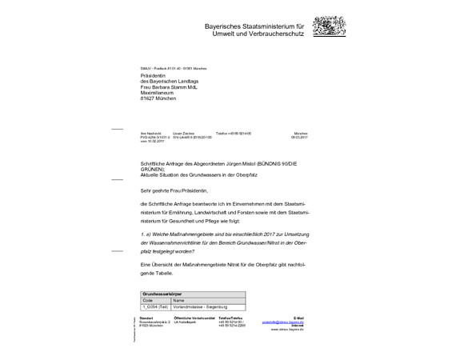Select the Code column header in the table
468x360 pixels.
pyautogui.click(x=147, y=300)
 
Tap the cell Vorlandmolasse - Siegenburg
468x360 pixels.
pyautogui.click(x=206, y=306)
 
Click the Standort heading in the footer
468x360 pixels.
pyautogui.click(x=146, y=317)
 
